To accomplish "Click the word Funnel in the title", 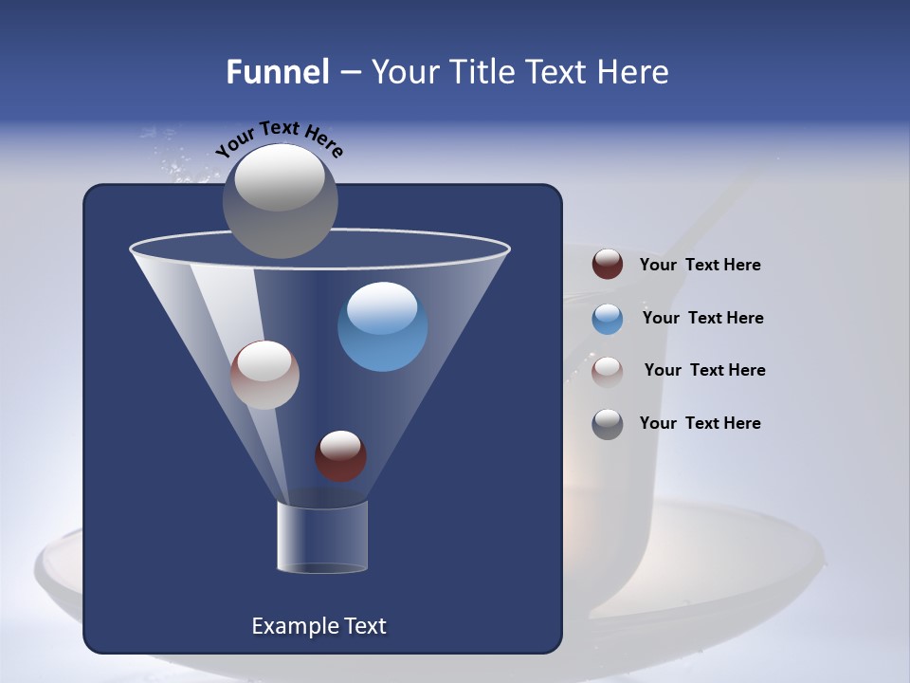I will click(277, 72).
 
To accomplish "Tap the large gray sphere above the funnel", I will click(280, 200).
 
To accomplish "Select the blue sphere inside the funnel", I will click(382, 327).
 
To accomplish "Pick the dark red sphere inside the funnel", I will click(340, 456).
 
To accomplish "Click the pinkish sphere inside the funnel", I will click(264, 375).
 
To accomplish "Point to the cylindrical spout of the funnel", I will click(322, 537).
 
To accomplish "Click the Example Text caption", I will click(319, 626).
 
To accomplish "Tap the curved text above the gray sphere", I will click(279, 138).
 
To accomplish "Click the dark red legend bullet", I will click(608, 265).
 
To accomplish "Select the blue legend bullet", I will click(608, 319).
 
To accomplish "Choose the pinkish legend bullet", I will click(608, 372).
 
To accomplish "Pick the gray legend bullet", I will click(608, 424).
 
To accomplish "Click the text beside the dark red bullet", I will click(700, 266).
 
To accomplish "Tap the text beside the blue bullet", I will click(702, 318).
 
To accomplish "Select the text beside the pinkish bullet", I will click(704, 370).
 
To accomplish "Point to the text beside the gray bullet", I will click(700, 423).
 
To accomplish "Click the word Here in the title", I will click(633, 72).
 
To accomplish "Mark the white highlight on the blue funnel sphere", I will click(382, 306).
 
